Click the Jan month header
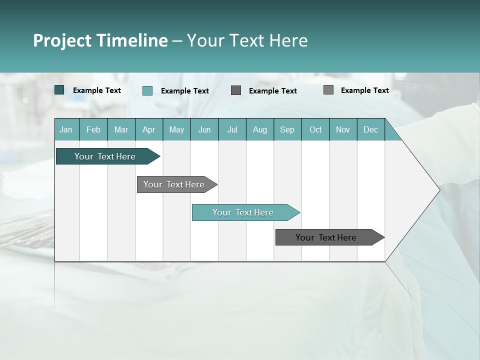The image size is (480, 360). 66,129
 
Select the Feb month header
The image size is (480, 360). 93,129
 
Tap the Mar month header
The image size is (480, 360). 121,129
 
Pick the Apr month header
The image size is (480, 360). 149,129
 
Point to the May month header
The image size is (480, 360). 176,129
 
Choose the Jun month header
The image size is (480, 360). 204,129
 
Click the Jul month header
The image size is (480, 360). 232,129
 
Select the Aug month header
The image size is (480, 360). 260,129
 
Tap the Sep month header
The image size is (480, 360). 287,129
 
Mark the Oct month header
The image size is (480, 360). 315,129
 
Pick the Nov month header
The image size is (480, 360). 343,129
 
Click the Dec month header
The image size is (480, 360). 371,129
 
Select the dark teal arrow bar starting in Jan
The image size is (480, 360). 105,156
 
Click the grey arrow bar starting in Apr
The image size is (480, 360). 174,184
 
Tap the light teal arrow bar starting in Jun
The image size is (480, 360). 243,212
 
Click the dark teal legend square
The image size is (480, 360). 59,90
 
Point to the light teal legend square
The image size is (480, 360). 147,90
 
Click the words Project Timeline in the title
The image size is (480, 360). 100,40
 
